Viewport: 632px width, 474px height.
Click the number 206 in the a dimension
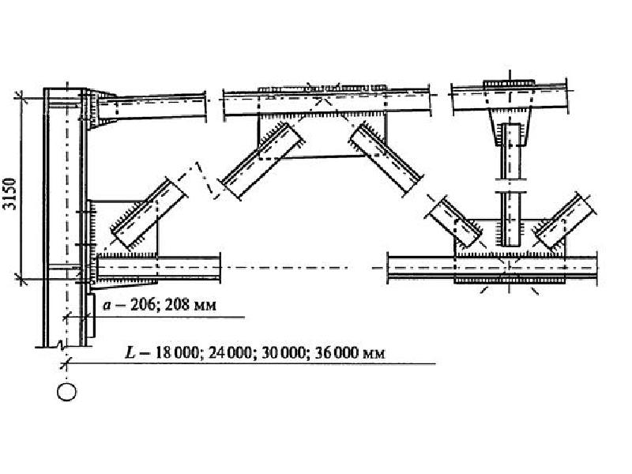point(141,305)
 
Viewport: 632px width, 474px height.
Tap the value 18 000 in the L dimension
point(177,353)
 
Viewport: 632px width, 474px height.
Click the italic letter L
point(130,353)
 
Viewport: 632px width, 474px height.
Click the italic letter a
point(107,306)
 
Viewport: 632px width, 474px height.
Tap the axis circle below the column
point(66,392)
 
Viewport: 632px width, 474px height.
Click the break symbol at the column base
point(62,345)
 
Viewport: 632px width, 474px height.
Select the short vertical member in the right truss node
point(511,185)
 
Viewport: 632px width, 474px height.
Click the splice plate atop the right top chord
point(510,83)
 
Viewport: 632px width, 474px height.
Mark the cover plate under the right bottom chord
point(509,280)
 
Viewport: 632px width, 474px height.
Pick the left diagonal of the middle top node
point(261,161)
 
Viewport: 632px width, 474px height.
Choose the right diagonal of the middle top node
point(386,160)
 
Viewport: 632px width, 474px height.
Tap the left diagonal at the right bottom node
point(455,222)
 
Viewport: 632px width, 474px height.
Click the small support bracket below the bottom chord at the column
point(91,315)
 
